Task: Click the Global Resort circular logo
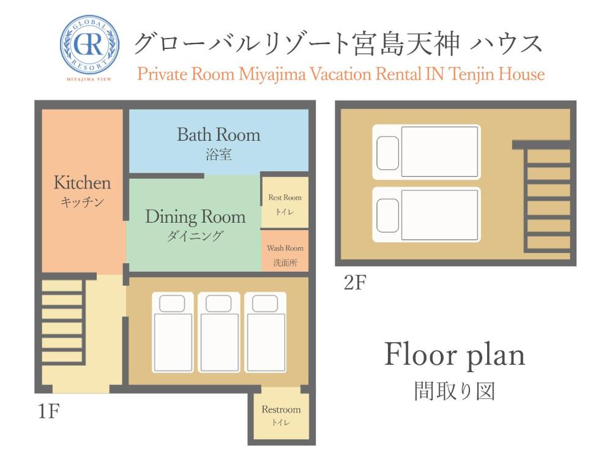[89, 47]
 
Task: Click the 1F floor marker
[48, 411]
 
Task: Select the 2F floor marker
[354, 284]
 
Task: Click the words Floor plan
[454, 355]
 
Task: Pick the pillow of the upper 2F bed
[387, 152]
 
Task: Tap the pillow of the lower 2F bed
[387, 214]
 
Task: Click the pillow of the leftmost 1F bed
[172, 304]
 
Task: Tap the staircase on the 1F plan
[62, 322]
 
